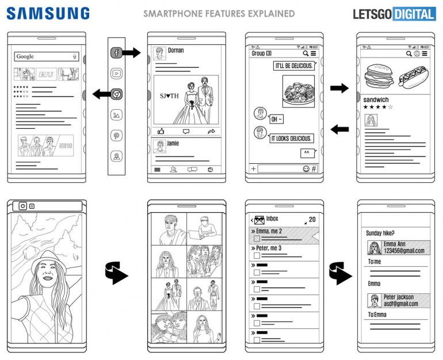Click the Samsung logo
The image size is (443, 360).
coord(48,13)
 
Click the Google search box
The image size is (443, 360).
coord(46,56)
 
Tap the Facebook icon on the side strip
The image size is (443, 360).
coord(116,53)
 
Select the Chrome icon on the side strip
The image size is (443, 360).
coord(116,94)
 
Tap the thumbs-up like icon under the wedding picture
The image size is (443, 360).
coord(161,131)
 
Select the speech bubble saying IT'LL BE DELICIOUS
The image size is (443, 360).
coord(293,66)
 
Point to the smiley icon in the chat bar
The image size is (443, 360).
coord(305,169)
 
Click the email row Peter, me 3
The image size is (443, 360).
coord(268,248)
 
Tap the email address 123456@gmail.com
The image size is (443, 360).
coord(404,251)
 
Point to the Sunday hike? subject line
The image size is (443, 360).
coord(380,233)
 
